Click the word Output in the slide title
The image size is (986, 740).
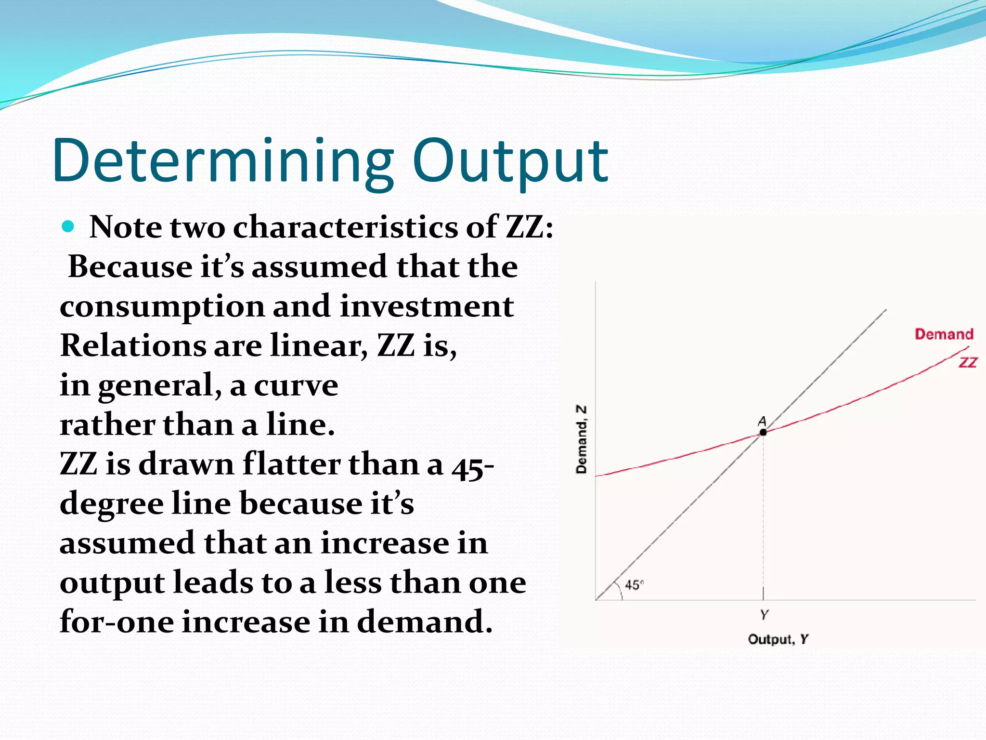pos(510,161)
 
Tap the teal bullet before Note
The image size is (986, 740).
pos(68,226)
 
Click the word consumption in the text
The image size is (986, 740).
pos(162,307)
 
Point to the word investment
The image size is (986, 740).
pos(427,307)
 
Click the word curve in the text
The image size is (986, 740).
pos(296,385)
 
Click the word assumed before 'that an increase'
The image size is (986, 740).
pos(127,543)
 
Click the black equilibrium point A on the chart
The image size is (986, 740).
pos(763,432)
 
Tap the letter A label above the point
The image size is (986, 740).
pos(762,422)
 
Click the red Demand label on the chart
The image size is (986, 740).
pos(944,334)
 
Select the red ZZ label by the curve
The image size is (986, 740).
pos(968,362)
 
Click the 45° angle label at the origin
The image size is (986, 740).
pos(634,585)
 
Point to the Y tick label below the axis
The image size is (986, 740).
pos(764,615)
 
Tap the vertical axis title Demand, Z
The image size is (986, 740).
pos(582,439)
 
